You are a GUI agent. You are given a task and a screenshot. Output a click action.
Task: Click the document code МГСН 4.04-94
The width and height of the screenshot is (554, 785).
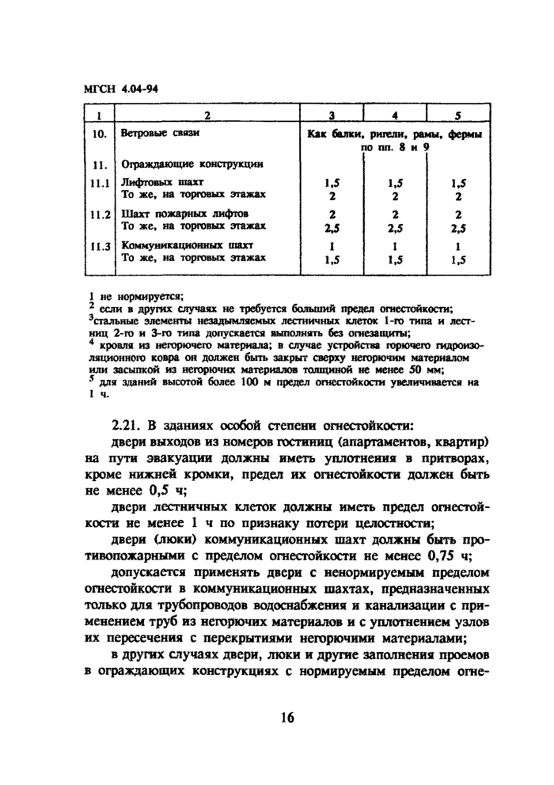[121, 89]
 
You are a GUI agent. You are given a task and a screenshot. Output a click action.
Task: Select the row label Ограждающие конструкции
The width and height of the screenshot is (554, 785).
[191, 165]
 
